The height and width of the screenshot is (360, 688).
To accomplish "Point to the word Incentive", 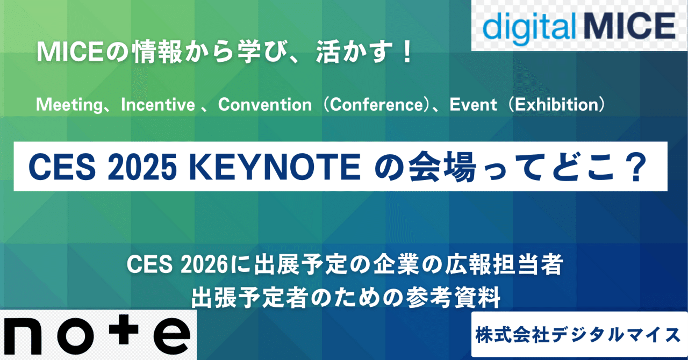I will click(x=158, y=104).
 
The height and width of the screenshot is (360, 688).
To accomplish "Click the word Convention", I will click(x=265, y=104).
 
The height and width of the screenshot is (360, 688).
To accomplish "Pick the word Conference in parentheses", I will click(x=376, y=104).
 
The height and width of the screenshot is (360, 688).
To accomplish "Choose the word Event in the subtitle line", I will click(x=474, y=104).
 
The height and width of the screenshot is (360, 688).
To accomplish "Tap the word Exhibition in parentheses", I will click(x=556, y=104).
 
